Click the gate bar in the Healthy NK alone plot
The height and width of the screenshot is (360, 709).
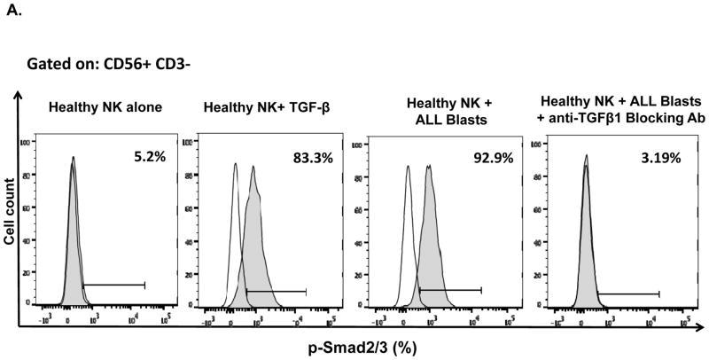point(113,285)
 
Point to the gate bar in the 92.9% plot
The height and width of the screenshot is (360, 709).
point(450,289)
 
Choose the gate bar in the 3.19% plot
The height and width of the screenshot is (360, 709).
point(629,293)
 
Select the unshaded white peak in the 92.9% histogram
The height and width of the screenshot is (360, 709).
point(408,231)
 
